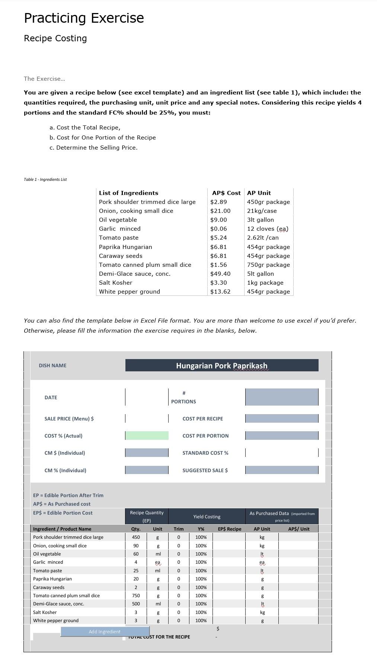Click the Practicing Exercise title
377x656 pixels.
point(84,18)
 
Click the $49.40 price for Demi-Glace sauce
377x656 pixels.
point(220,273)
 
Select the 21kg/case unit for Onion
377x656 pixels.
point(262,211)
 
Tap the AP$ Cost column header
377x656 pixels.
point(226,193)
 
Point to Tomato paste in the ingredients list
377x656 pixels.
point(119,237)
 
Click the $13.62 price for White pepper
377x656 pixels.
point(220,291)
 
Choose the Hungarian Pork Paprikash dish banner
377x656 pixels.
point(222,365)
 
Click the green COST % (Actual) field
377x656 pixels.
point(147,435)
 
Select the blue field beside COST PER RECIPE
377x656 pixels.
point(282,418)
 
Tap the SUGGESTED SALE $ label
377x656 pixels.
point(205,470)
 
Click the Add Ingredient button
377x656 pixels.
point(105,631)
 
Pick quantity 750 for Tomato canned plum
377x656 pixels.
point(136,595)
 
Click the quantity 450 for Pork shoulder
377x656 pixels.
point(136,537)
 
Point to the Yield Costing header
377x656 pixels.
point(207,516)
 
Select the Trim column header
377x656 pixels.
point(179,529)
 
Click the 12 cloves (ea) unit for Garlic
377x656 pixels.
point(268,228)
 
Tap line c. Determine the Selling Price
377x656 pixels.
point(93,147)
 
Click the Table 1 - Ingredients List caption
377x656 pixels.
point(45,179)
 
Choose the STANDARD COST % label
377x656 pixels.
point(205,453)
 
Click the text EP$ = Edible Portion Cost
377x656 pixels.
point(63,513)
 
